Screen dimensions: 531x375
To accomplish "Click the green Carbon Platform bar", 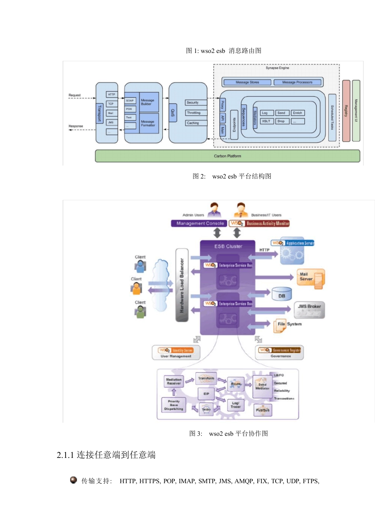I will click(227, 156).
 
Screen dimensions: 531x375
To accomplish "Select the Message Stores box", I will click(247, 82).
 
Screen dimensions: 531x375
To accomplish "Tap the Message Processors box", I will click(297, 82).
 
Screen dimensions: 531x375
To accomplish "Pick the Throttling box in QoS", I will click(196, 113).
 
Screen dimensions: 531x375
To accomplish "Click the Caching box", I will click(196, 123).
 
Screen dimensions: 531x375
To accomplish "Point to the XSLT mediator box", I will click(266, 121).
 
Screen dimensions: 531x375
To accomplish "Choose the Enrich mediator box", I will click(298, 113).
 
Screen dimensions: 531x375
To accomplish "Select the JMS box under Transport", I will click(111, 122).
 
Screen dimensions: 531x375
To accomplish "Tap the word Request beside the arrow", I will click(75, 95).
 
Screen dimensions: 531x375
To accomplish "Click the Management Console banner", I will click(199, 224).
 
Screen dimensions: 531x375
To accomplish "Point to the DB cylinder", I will click(282, 294).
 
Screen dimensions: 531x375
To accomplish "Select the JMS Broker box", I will click(309, 309).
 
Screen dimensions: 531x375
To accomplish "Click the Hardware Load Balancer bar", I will click(182, 285).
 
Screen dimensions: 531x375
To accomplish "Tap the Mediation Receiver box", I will click(174, 382).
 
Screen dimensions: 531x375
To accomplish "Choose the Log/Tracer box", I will click(236, 405).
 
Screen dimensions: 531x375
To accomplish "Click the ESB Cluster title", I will click(228, 247).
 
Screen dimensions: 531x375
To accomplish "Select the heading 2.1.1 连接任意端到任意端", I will click(106, 455).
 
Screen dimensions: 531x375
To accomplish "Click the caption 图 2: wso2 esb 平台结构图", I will click(232, 176).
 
